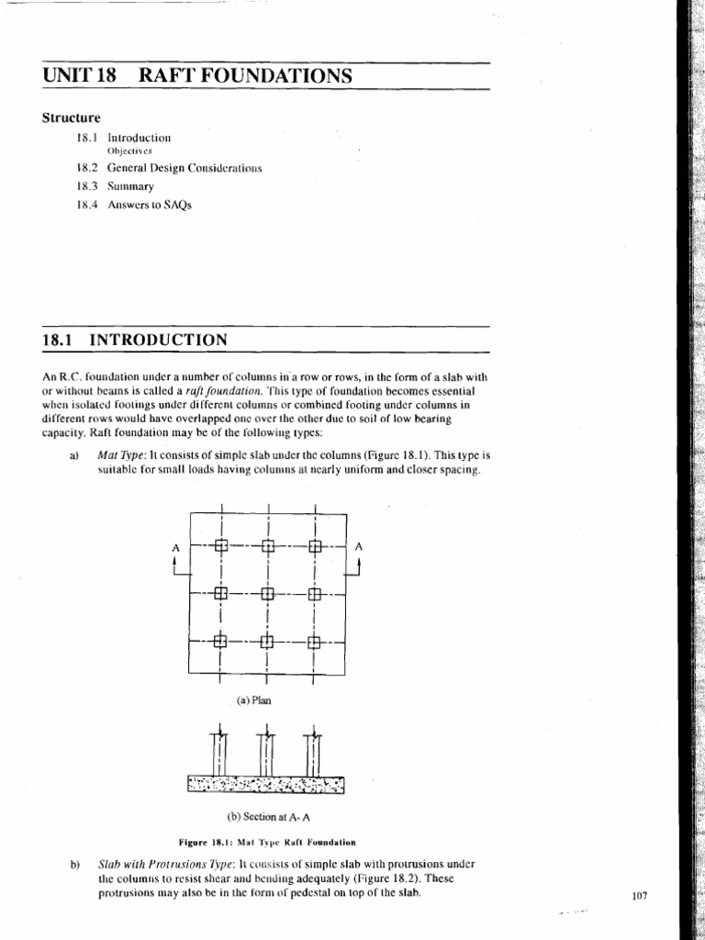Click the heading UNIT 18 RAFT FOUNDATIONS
point(197,76)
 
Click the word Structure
point(72,117)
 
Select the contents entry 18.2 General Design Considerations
point(170,169)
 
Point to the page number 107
point(640,897)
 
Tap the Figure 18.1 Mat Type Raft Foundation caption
point(266,841)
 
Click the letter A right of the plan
point(359,546)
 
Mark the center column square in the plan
point(267,594)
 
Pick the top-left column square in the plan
point(219,547)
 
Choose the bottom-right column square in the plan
point(315,642)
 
